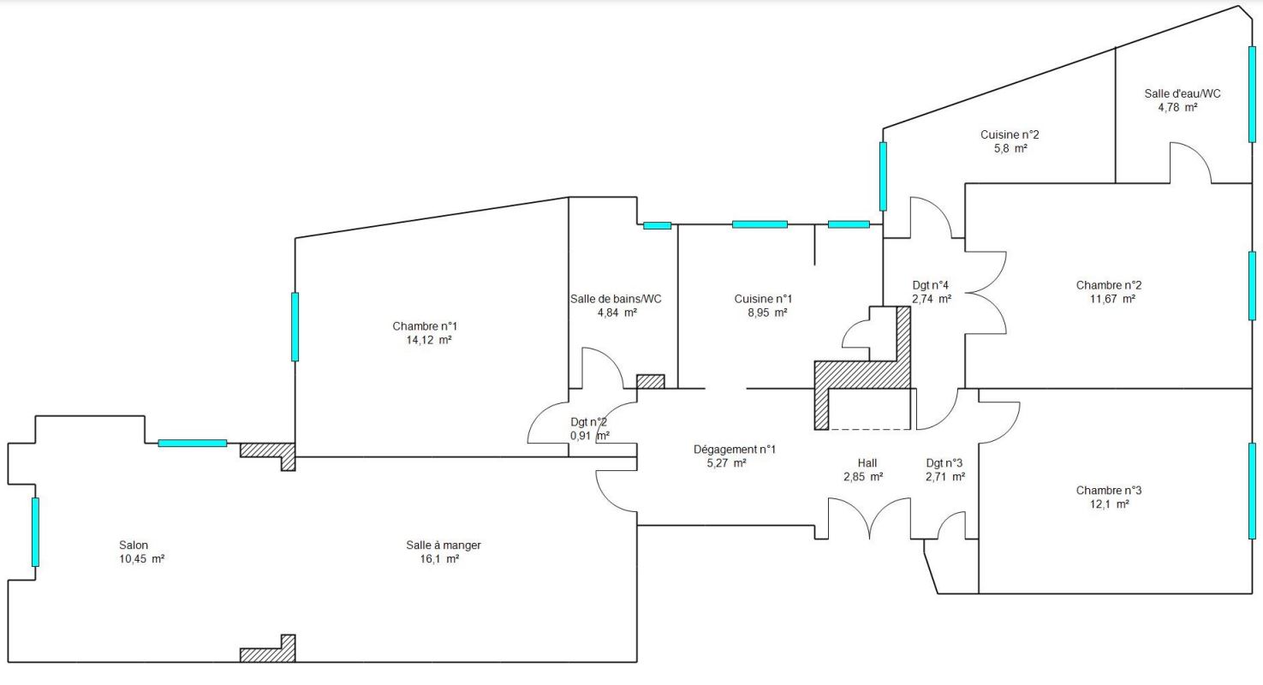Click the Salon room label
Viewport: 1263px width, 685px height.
tap(134, 545)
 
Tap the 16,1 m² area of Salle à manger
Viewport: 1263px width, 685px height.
tap(439, 559)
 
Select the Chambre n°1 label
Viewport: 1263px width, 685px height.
tap(425, 326)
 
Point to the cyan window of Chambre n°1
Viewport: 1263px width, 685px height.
tap(295, 326)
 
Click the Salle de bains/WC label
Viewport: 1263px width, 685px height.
tap(616, 299)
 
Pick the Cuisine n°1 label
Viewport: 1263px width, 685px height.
tap(763, 299)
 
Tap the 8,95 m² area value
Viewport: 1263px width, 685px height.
tap(767, 313)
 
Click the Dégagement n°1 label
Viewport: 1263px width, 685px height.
tap(735, 450)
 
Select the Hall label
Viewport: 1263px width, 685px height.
tap(867, 463)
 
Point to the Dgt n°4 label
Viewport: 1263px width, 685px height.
tap(930, 285)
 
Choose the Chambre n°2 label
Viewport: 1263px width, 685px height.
tap(1109, 285)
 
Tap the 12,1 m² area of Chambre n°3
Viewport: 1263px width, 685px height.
tap(1109, 504)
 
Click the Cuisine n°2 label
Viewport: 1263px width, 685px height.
tap(1010, 134)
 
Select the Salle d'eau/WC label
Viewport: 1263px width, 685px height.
tap(1183, 93)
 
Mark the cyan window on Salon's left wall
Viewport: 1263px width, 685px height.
tap(35, 532)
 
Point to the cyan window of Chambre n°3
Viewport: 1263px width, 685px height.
tap(1252, 491)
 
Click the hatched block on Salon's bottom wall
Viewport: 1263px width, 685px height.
tap(268, 648)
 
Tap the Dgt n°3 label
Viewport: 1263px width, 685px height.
tap(944, 463)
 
